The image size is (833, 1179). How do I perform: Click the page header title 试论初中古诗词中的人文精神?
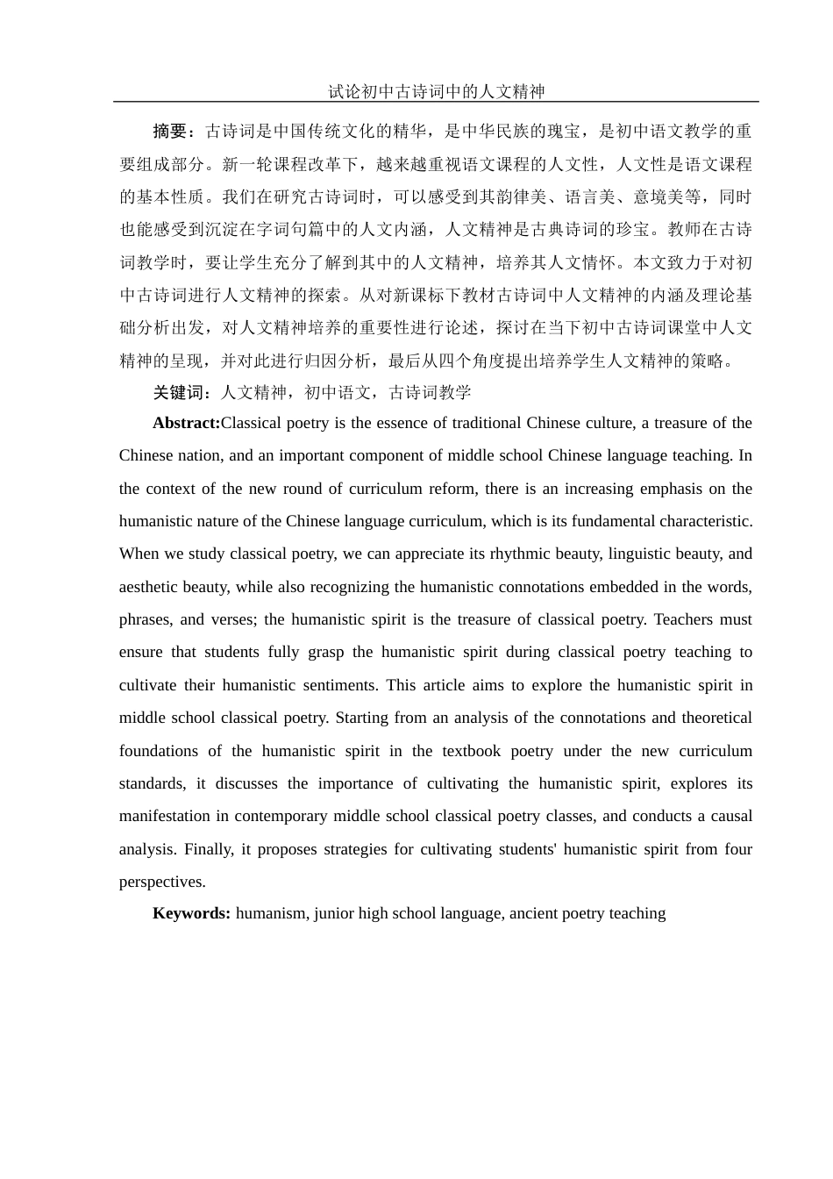click(436, 91)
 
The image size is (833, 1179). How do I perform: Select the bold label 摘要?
click(170, 132)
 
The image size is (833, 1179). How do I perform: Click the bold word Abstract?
click(186, 423)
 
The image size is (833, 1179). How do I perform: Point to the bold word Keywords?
click(190, 913)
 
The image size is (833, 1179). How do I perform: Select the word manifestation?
click(166, 816)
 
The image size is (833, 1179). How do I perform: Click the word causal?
click(731, 816)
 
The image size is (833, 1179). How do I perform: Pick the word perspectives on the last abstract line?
click(161, 882)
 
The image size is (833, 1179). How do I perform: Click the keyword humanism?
click(270, 913)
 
